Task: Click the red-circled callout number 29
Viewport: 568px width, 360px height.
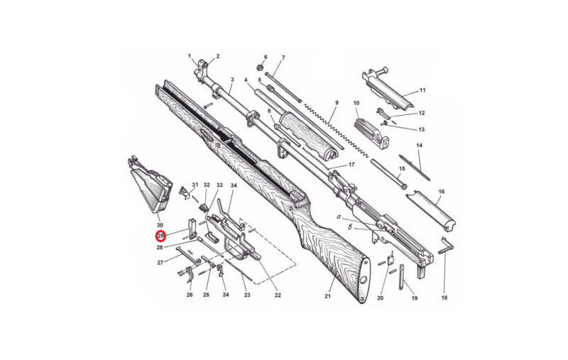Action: click(160, 236)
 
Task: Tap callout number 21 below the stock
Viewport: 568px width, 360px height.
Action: click(327, 296)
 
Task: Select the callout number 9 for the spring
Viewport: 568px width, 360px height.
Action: click(337, 103)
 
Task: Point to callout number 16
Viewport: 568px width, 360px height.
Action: click(441, 192)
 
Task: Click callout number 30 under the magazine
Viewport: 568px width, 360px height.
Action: click(160, 225)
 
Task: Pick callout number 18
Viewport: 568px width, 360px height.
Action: click(444, 298)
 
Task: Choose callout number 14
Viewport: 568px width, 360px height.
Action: click(419, 146)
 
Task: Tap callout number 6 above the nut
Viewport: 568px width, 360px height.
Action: click(266, 58)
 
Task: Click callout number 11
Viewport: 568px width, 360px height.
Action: click(422, 90)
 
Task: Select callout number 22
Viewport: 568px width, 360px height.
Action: click(278, 295)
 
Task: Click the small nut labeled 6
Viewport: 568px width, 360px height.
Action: click(259, 67)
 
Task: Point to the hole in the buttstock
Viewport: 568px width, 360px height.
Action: click(364, 280)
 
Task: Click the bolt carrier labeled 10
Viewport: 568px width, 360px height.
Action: click(371, 132)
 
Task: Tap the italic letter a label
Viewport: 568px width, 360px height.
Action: click(339, 217)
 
